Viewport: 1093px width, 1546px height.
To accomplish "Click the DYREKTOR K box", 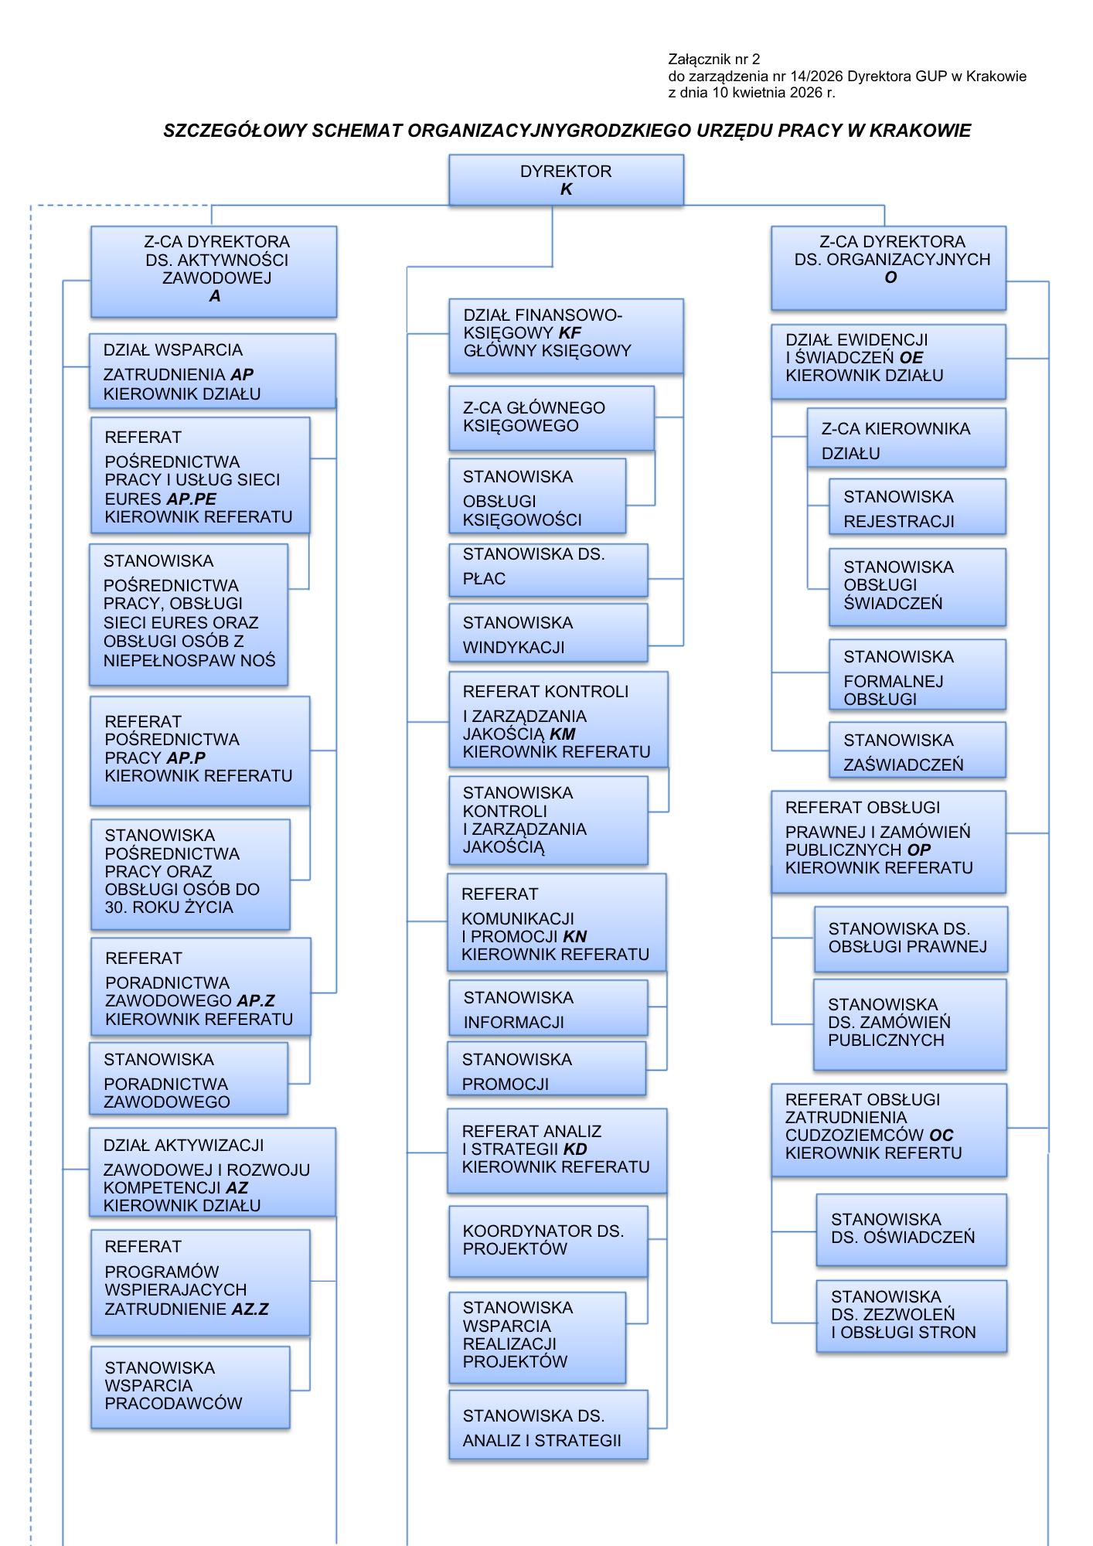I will coord(566,180).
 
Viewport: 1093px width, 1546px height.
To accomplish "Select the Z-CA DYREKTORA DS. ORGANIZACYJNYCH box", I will coord(888,267).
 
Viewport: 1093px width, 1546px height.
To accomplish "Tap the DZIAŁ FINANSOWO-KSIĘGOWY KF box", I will coord(566,336).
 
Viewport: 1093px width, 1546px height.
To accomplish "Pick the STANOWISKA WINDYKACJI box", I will coord(548,633).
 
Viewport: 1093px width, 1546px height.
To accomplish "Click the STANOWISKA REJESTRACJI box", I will coord(917,507).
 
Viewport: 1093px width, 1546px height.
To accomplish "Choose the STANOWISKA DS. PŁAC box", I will coord(548,570).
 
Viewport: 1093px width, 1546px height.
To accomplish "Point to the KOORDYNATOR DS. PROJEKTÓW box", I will coord(548,1241).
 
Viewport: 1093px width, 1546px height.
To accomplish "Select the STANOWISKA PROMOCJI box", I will coord(546,1069).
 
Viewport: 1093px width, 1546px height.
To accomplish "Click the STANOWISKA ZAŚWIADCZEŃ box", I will coord(917,750).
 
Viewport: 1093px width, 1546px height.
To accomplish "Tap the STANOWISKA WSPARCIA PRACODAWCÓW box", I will coord(190,1387).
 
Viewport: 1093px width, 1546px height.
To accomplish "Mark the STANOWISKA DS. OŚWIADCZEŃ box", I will coord(911,1229).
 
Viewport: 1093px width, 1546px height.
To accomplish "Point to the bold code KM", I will coord(563,734).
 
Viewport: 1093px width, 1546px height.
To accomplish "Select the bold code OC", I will coord(941,1135).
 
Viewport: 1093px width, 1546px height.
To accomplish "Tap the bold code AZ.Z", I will coord(250,1309).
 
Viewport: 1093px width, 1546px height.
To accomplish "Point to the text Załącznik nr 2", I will coord(713,59).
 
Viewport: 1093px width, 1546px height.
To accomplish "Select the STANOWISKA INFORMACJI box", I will coord(548,1008).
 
